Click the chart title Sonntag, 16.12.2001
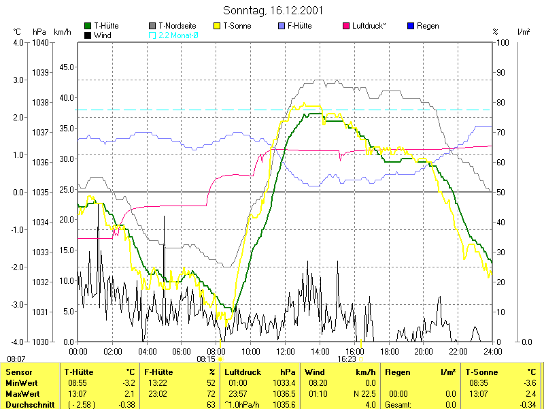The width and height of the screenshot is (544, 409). (273, 11)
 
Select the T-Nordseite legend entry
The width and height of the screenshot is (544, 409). (177, 26)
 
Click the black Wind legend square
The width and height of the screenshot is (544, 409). (88, 35)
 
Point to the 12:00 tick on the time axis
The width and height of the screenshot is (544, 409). (286, 351)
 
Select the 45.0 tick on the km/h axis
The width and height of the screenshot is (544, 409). (67, 67)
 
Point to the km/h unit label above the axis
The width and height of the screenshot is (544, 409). (62, 32)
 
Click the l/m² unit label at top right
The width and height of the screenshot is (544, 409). (524, 32)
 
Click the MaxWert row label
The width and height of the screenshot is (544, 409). (22, 393)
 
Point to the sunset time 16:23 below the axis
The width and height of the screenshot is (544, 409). (347, 358)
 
